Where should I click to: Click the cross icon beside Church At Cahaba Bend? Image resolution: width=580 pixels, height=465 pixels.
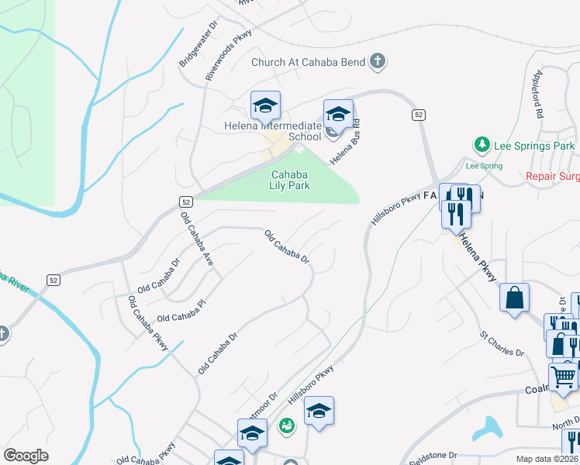378,62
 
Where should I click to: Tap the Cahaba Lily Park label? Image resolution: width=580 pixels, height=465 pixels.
290,180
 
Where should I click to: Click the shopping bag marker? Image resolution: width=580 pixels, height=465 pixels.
515,298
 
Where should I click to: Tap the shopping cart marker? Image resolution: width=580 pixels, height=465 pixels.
564,377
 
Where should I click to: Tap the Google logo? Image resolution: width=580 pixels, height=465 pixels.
26,456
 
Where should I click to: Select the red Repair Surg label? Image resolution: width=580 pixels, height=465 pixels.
552,177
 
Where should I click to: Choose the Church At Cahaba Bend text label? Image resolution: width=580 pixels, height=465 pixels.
309,62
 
